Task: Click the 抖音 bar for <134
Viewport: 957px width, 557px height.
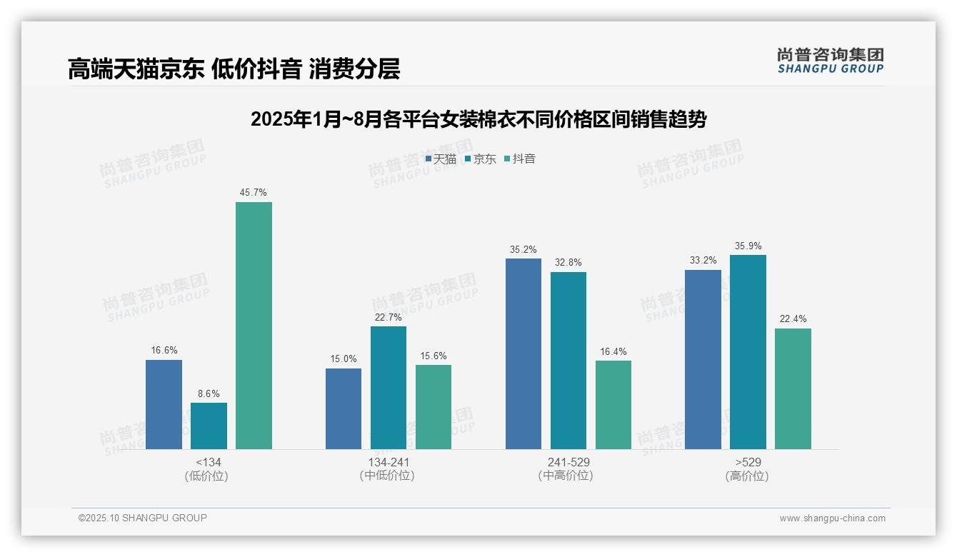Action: (254, 326)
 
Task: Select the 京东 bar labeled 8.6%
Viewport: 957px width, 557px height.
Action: (209, 426)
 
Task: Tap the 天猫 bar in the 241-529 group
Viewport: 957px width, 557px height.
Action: (523, 354)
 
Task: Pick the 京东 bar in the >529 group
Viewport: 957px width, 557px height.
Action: (748, 352)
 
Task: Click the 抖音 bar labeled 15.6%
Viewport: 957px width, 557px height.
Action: (434, 407)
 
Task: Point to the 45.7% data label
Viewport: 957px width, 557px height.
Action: (254, 192)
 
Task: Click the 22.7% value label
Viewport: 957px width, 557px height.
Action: (389, 317)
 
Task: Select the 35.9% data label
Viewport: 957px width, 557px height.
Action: (748, 246)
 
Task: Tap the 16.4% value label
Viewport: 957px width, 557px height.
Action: (613, 351)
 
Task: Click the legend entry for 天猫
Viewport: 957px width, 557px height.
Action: (441, 159)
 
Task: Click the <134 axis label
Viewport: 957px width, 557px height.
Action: (209, 462)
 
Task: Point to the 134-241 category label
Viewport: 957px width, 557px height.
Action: (389, 462)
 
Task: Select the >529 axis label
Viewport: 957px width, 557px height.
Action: (748, 462)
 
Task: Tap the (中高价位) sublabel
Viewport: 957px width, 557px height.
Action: (568, 476)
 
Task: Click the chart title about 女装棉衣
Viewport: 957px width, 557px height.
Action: (478, 119)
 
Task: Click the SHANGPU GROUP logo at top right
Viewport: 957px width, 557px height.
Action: (831, 61)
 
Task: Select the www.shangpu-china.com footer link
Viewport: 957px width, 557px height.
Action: (832, 518)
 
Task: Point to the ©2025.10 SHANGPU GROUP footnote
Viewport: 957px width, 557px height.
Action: (143, 518)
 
